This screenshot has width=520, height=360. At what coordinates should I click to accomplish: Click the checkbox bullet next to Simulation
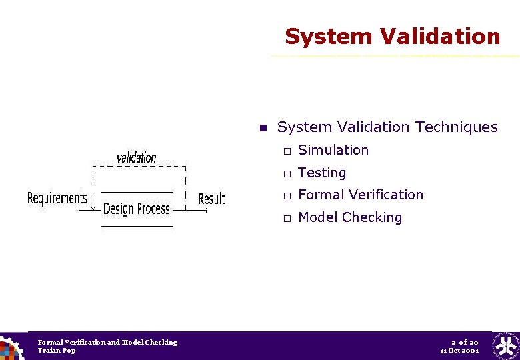(285, 151)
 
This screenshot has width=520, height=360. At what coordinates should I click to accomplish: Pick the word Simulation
(333, 150)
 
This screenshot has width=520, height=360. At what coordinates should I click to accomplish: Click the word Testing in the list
(322, 173)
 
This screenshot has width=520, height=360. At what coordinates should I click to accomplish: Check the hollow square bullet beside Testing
(285, 174)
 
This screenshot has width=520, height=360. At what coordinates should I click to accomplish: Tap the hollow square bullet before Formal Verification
(285, 196)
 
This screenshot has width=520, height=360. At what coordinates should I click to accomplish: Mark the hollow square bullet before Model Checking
(285, 219)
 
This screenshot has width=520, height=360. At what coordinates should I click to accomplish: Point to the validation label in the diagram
(137, 157)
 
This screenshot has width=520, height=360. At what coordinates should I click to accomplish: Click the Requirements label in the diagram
(57, 198)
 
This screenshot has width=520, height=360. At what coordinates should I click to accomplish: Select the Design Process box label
(137, 209)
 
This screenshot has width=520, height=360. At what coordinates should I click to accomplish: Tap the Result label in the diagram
(212, 199)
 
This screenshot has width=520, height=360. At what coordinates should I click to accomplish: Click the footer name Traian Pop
(57, 351)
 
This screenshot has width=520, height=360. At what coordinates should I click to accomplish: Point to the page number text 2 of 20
(464, 342)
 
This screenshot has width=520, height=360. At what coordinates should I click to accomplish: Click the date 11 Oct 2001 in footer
(459, 351)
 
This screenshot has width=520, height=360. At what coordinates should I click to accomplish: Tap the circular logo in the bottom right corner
(506, 346)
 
